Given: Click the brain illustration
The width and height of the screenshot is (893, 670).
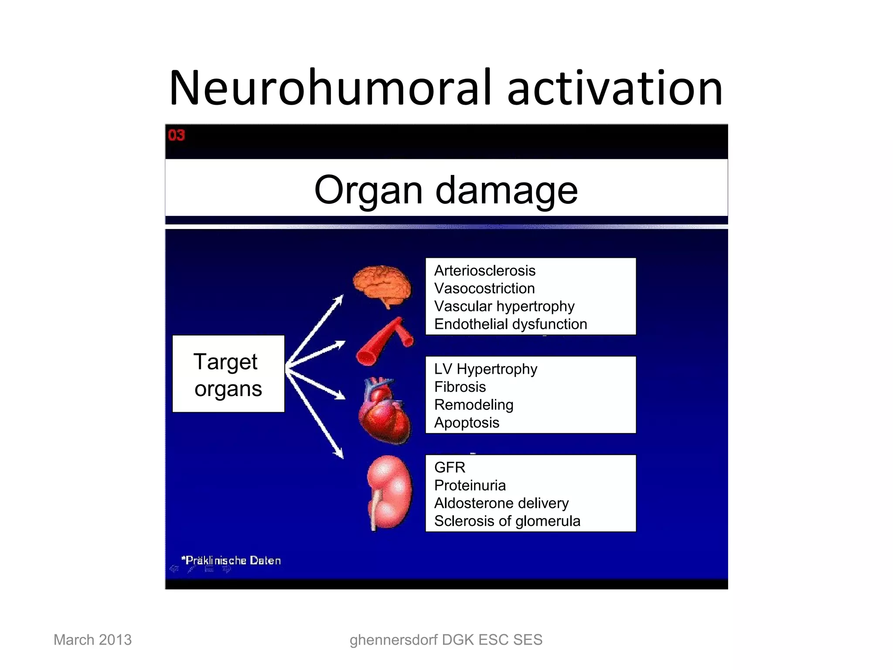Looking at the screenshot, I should point(382,286).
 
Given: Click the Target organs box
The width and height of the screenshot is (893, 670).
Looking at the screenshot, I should point(228,374).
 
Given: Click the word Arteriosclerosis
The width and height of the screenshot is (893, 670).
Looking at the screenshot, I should point(484,271).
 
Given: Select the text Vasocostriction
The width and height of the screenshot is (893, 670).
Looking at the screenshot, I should point(484,289).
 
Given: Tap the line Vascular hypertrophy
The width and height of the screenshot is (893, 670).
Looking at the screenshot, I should point(504,307).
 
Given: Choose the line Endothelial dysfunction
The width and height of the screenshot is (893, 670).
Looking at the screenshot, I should point(511,325).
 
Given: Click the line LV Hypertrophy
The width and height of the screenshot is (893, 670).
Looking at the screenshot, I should point(485,369).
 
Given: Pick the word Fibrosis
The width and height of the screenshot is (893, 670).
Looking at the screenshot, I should point(460,387).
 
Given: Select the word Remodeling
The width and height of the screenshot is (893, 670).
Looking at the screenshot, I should point(474,405).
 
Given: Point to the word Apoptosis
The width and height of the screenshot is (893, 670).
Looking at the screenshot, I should point(467,423).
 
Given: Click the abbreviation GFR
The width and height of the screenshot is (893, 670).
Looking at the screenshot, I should point(450,468).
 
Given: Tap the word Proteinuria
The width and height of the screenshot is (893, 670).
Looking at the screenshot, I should point(470,485).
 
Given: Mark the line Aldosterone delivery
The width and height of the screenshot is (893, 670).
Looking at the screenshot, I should point(501,503).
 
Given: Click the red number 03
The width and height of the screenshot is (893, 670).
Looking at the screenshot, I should point(177,135).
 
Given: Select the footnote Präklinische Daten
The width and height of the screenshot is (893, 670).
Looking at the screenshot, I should point(232,561).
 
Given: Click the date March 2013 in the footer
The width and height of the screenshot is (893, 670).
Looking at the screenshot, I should point(92,640).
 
